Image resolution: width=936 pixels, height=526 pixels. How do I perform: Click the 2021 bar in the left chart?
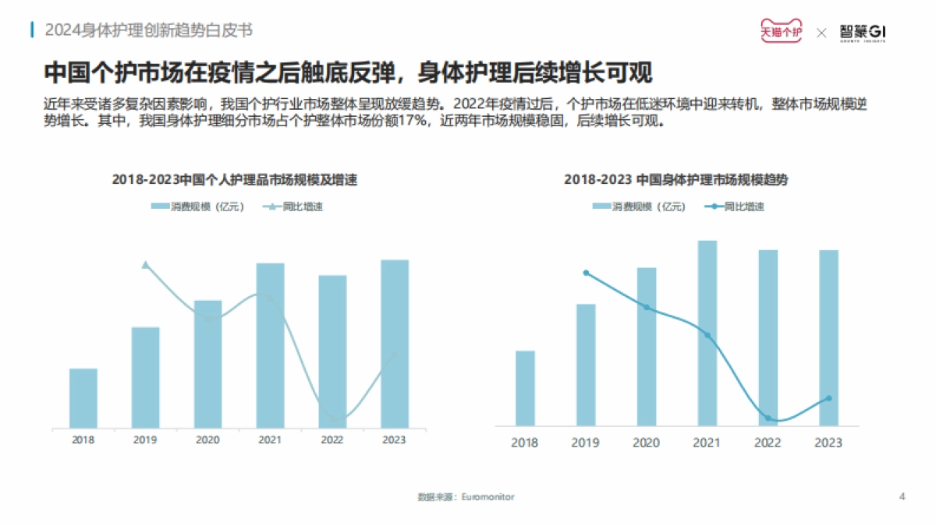270,345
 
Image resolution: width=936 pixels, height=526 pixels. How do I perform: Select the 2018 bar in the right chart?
525,388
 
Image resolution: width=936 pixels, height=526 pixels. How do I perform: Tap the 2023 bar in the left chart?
395,344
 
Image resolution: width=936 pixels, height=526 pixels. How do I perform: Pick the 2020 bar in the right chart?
647,347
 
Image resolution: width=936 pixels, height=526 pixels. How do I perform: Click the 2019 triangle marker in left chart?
145,265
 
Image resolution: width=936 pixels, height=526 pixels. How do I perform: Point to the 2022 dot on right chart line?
768,418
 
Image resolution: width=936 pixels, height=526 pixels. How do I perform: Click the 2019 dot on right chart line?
586,273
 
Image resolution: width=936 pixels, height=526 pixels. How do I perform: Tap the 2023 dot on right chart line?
828,398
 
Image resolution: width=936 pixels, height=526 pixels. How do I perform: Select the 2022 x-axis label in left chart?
332,440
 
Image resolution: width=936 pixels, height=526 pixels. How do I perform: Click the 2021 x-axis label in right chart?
707,443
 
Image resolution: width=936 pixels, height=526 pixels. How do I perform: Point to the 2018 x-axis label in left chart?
83,440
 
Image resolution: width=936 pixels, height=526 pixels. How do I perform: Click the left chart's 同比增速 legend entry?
293,207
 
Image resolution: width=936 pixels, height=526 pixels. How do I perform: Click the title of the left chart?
239,180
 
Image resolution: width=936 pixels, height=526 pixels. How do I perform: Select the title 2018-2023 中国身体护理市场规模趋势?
675,180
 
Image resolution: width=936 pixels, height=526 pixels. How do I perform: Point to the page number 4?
902,496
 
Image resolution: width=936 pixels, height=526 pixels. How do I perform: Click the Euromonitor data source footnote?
466,496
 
